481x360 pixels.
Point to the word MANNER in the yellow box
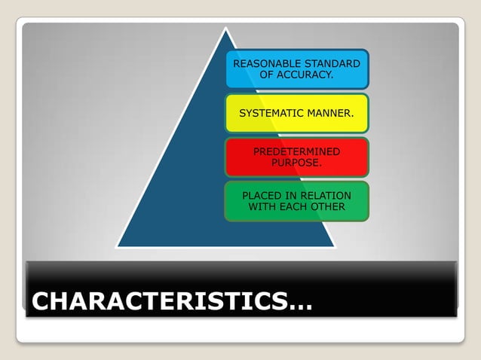pos(331,113)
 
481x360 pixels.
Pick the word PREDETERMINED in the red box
pos(296,151)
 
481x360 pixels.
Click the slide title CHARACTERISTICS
pos(158,302)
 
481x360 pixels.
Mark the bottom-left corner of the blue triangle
pos(117,246)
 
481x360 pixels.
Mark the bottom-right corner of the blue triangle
pos(334,246)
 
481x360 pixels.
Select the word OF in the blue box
pos(267,75)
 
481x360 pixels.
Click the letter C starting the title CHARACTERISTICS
pos(42,302)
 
